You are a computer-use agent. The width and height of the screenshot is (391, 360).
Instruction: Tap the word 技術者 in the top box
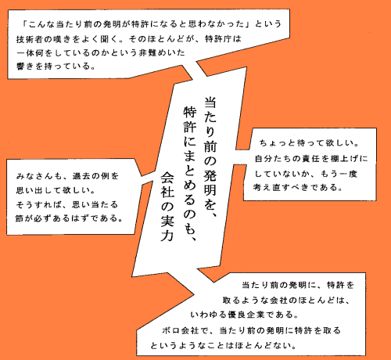point(30,39)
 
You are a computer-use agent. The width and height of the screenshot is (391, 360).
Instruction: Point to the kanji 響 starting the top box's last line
point(20,66)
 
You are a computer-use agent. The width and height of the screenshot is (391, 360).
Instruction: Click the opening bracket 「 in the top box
point(25,24)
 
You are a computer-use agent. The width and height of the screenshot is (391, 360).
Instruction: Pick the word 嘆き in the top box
point(62,39)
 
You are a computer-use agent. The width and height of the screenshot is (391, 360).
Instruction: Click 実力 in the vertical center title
point(167,229)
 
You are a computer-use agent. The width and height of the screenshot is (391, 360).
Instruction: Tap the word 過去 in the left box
point(81,176)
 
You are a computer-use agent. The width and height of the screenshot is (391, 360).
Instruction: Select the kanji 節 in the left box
point(20,218)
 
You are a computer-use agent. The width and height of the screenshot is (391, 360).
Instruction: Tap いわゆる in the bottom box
point(209,315)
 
